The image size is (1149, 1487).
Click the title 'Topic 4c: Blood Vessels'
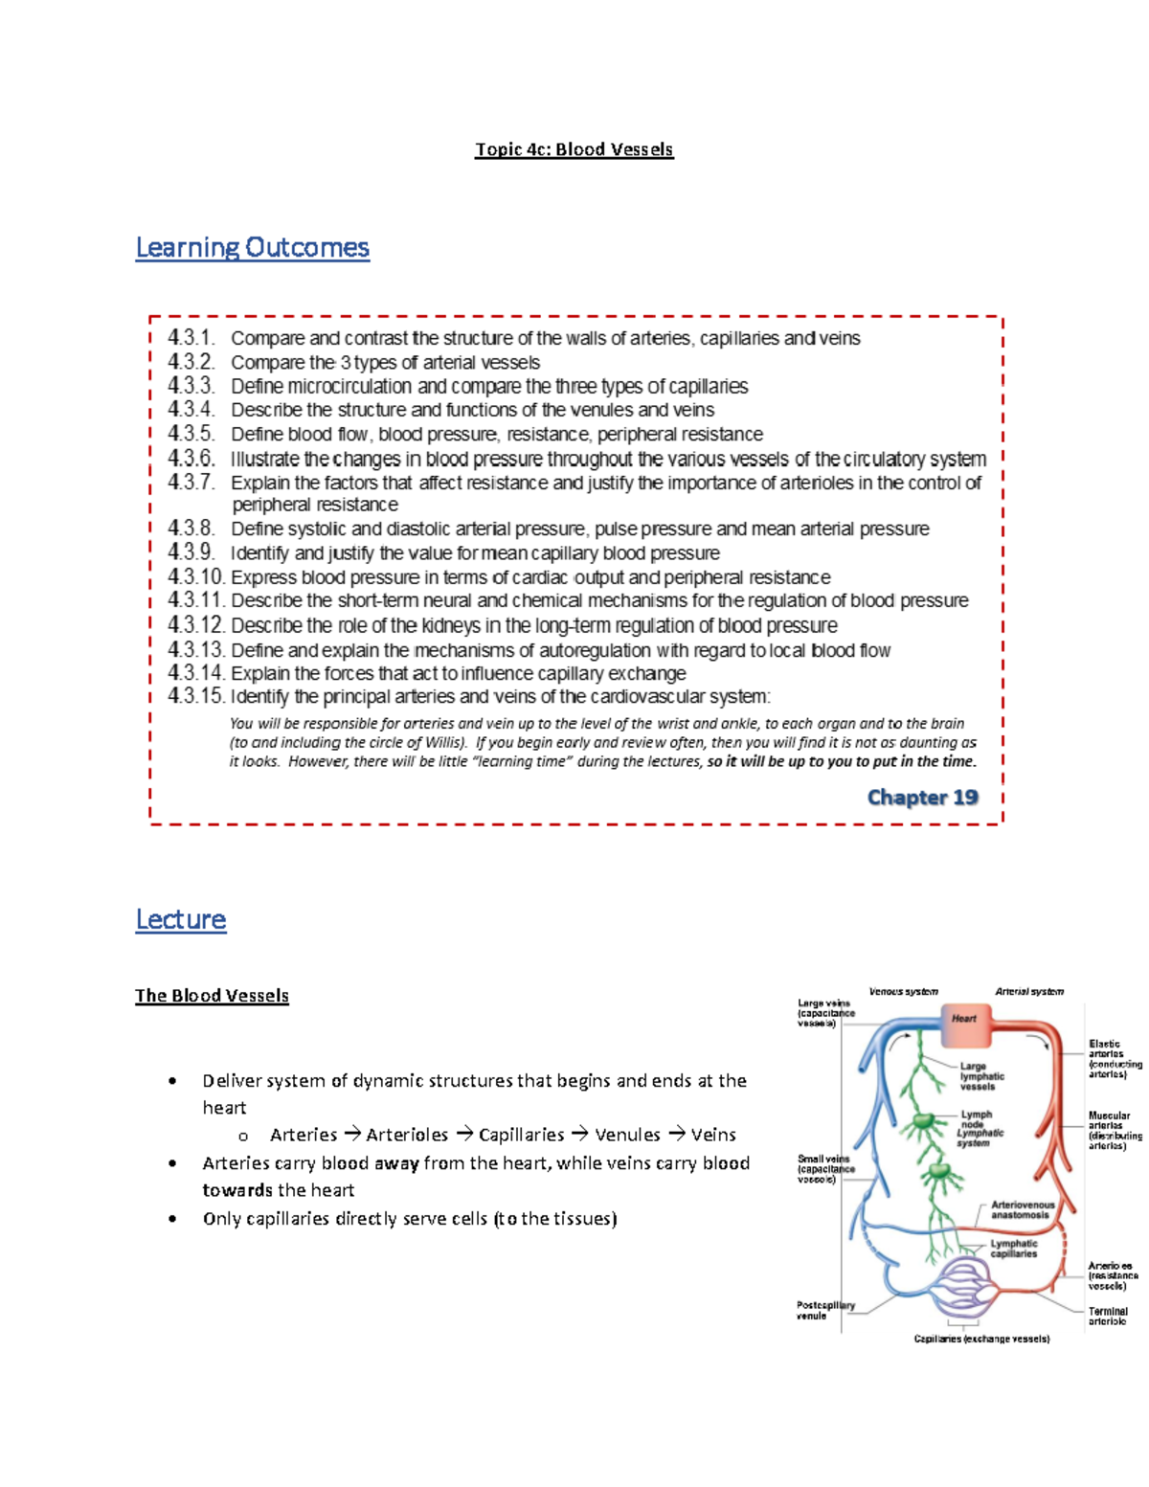pyautogui.click(x=574, y=149)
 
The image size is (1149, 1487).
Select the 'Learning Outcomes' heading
pyautogui.click(x=252, y=248)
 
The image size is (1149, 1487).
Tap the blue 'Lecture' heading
pyautogui.click(x=181, y=920)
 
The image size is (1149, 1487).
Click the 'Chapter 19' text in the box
pyautogui.click(x=922, y=798)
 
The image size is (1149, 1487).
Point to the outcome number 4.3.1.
pyautogui.click(x=191, y=338)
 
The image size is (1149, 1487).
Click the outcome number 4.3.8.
pyautogui.click(x=191, y=529)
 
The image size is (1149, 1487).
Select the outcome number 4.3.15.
pyautogui.click(x=196, y=696)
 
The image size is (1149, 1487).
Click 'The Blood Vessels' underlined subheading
pyautogui.click(x=212, y=996)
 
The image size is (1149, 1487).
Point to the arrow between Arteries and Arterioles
pyautogui.click(x=352, y=1135)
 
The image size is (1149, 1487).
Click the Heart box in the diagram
pyautogui.click(x=963, y=1018)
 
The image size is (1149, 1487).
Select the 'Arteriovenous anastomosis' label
pyautogui.click(x=1022, y=1210)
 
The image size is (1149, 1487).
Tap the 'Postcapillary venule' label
pyautogui.click(x=824, y=1310)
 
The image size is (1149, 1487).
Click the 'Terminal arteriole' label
pyautogui.click(x=1108, y=1317)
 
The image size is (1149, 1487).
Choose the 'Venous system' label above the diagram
pyautogui.click(x=903, y=992)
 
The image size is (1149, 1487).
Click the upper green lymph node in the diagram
pyautogui.click(x=924, y=1121)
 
